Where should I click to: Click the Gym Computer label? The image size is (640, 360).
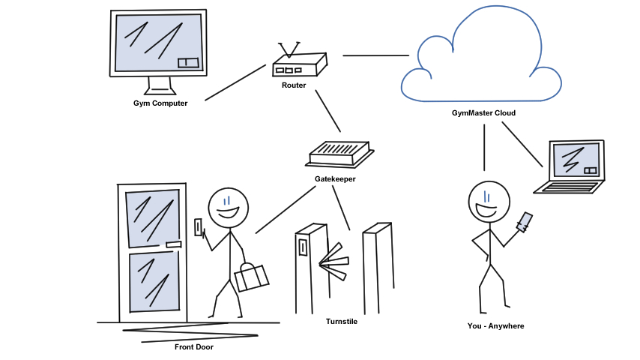(160, 103)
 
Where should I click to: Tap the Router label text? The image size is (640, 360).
(294, 85)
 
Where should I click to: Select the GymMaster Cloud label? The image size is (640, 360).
(483, 113)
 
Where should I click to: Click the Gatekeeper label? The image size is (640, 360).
(335, 179)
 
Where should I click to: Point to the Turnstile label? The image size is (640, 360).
(342, 322)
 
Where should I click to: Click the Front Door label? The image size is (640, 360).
(194, 346)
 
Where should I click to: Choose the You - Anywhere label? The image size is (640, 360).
(495, 326)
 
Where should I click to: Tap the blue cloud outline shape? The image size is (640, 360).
(480, 56)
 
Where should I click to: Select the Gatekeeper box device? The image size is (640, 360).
(339, 154)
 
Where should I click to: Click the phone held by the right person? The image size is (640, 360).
(525, 222)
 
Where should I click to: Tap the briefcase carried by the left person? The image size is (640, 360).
(251, 277)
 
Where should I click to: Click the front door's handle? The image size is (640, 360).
(173, 244)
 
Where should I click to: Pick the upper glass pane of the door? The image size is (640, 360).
(152, 217)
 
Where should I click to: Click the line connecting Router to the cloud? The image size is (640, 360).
(376, 55)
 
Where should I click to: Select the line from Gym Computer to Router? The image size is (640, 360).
(235, 82)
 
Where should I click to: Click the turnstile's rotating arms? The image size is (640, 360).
(333, 261)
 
